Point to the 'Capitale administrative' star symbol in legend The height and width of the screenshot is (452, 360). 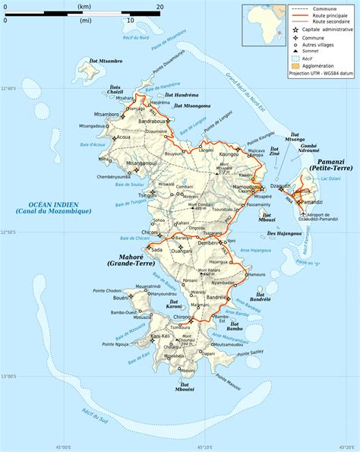[x=295, y=30]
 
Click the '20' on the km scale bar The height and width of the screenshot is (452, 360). [x=159, y=6]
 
